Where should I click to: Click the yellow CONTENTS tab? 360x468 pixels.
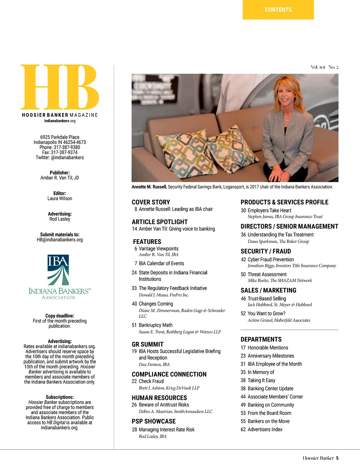(x=278, y=10)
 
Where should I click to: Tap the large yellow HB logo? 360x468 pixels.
(x=60, y=87)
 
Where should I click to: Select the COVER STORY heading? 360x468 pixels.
(x=151, y=202)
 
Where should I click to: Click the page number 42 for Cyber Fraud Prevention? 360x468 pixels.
(x=243, y=260)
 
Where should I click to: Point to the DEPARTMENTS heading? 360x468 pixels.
(x=261, y=340)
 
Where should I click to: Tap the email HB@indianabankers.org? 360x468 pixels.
(x=60, y=240)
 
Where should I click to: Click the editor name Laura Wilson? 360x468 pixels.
(x=60, y=199)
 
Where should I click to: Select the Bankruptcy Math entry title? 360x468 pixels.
(x=155, y=325)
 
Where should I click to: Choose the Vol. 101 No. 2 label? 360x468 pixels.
(x=324, y=67)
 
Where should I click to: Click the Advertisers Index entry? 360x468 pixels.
(x=265, y=430)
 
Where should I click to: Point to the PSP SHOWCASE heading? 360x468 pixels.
(x=154, y=422)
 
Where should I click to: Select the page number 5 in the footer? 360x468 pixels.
(x=337, y=458)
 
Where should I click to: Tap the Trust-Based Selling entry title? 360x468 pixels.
(x=267, y=299)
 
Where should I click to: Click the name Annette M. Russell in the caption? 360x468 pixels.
(x=149, y=187)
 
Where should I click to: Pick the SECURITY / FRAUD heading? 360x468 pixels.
(x=265, y=252)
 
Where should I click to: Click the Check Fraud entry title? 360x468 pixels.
(x=151, y=381)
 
